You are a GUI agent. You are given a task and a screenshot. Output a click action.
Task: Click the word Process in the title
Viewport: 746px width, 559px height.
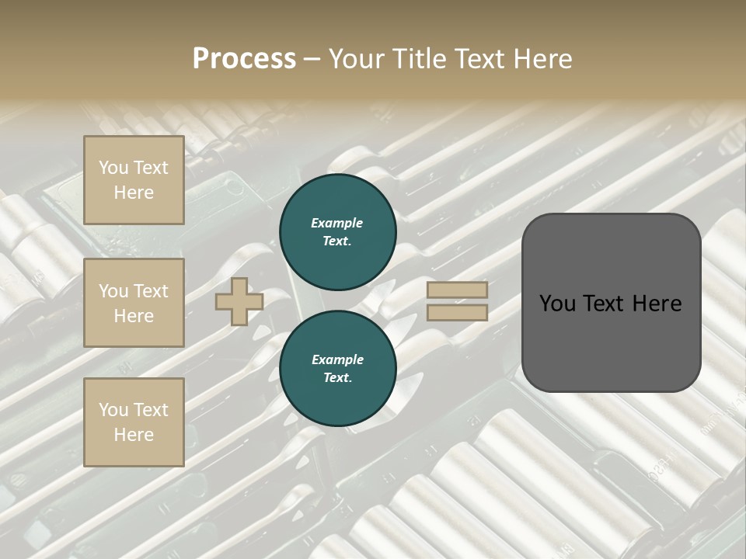(x=244, y=59)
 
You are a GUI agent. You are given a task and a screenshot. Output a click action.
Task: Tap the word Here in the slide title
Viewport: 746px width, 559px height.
(x=542, y=59)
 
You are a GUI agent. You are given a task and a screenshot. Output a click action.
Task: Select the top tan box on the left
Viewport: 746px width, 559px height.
(x=134, y=180)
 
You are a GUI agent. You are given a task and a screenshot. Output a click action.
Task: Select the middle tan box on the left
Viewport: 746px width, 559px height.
(x=134, y=303)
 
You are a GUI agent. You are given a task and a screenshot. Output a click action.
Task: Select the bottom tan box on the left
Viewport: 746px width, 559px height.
(x=134, y=422)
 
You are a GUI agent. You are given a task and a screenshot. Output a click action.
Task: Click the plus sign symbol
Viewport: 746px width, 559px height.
(x=239, y=301)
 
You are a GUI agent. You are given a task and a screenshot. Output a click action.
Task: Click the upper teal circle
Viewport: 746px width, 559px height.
(x=337, y=231)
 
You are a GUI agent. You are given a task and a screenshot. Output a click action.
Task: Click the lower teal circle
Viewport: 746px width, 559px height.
(x=337, y=368)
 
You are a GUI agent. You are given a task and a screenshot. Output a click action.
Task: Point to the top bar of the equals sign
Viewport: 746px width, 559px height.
(x=457, y=290)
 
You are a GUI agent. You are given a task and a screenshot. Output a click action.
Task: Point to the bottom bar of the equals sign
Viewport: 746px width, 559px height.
(x=457, y=312)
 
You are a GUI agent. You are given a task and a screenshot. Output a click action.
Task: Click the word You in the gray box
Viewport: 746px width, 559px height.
(x=557, y=304)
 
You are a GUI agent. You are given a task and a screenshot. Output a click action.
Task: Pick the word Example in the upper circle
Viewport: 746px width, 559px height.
(x=337, y=223)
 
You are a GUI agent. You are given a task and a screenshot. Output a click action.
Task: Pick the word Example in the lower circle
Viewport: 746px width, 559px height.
(x=337, y=359)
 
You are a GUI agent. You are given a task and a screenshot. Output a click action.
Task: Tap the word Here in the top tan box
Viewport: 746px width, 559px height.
(x=134, y=193)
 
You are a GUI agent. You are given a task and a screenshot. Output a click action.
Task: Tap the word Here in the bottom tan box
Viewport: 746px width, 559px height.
(x=134, y=435)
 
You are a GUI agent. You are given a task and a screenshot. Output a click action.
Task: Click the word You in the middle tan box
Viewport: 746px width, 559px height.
(x=113, y=291)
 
